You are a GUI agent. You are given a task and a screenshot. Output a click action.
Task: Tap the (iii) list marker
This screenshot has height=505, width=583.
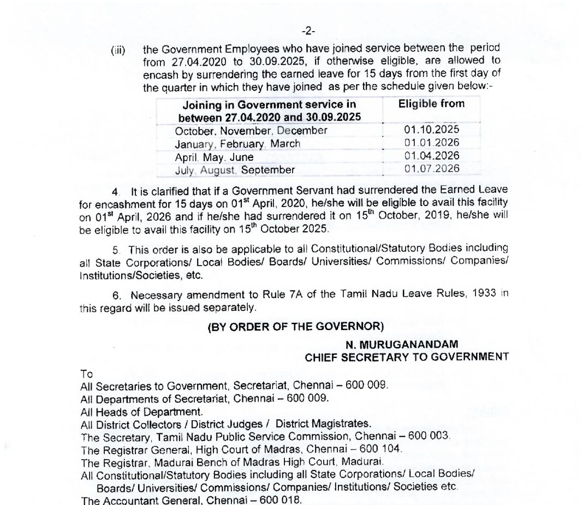(x=118, y=51)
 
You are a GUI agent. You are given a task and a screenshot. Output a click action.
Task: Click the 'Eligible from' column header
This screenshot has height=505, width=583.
(x=431, y=104)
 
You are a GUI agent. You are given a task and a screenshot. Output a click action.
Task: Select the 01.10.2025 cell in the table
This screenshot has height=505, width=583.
(x=432, y=130)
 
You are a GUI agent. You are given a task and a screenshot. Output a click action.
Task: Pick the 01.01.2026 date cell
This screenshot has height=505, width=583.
(x=432, y=143)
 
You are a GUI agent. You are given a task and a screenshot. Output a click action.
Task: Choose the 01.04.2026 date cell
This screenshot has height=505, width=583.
(x=432, y=156)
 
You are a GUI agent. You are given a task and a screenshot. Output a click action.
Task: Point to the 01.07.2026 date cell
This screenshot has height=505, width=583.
(x=432, y=169)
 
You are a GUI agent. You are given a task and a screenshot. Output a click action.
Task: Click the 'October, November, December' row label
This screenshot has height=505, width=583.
(x=251, y=131)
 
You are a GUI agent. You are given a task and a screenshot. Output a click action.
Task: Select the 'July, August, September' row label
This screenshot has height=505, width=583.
(x=235, y=170)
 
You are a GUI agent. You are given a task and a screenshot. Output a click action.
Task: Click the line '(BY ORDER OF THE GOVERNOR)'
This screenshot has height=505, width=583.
(x=296, y=327)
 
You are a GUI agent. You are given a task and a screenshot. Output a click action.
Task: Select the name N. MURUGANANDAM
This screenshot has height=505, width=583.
(x=402, y=344)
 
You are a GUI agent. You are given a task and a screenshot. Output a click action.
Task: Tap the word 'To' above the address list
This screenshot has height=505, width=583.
(x=86, y=374)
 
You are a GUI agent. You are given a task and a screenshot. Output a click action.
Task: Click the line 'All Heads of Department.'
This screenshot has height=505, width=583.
(x=141, y=411)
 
